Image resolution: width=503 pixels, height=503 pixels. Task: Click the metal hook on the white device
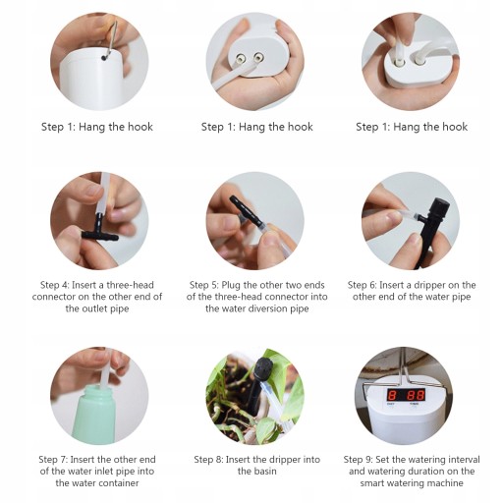[112, 38]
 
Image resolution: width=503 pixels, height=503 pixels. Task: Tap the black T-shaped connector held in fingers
[99, 230]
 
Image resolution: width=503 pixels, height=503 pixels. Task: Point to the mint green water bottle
[95, 415]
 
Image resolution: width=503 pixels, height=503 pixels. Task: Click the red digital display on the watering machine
[406, 395]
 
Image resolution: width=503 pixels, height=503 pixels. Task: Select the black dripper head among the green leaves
[262, 368]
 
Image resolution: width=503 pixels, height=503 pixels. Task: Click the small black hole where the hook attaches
[104, 58]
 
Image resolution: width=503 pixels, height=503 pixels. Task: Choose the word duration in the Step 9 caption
[435, 472]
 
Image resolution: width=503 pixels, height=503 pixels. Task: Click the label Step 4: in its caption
[54, 285]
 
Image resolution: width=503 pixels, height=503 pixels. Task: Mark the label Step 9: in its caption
[358, 460]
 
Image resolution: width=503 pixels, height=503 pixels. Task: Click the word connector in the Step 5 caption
[279, 297]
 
